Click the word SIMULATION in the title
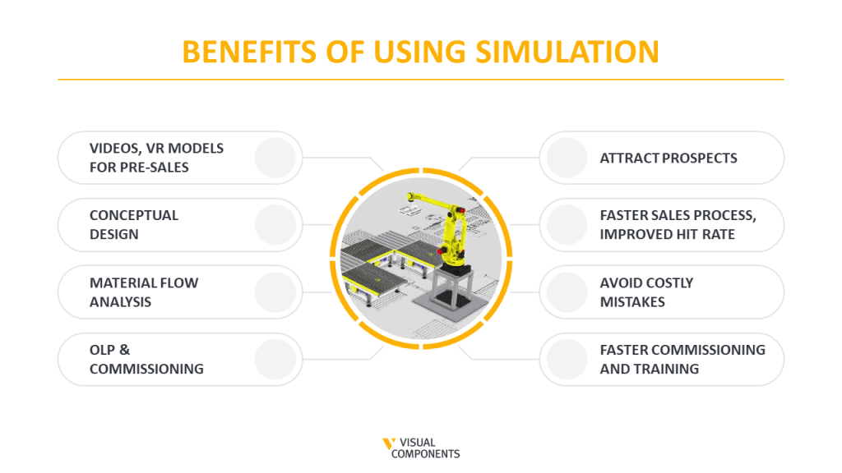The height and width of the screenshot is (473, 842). (567, 52)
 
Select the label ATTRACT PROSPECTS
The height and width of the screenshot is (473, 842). (668, 158)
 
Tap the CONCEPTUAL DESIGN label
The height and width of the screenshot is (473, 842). (134, 225)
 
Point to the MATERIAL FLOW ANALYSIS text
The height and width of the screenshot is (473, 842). (144, 292)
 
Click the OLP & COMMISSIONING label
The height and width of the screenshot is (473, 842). (146, 360)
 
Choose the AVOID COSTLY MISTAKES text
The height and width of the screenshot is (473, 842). (646, 292)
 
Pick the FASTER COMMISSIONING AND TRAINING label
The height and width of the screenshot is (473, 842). (682, 360)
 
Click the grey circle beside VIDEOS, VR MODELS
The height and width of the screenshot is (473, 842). (275, 158)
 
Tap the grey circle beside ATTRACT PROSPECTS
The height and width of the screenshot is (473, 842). (567, 158)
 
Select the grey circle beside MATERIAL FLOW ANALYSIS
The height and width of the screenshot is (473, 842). (275, 292)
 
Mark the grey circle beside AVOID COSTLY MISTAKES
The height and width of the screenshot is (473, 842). (567, 292)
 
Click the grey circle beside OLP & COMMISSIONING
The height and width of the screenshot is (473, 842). (275, 360)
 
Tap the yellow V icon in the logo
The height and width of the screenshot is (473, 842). (388, 443)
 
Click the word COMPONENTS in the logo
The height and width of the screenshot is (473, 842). (425, 454)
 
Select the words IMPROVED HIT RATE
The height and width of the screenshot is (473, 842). (667, 234)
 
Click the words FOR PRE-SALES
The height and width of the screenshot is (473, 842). (139, 168)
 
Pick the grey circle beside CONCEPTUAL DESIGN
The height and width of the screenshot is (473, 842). (275, 225)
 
